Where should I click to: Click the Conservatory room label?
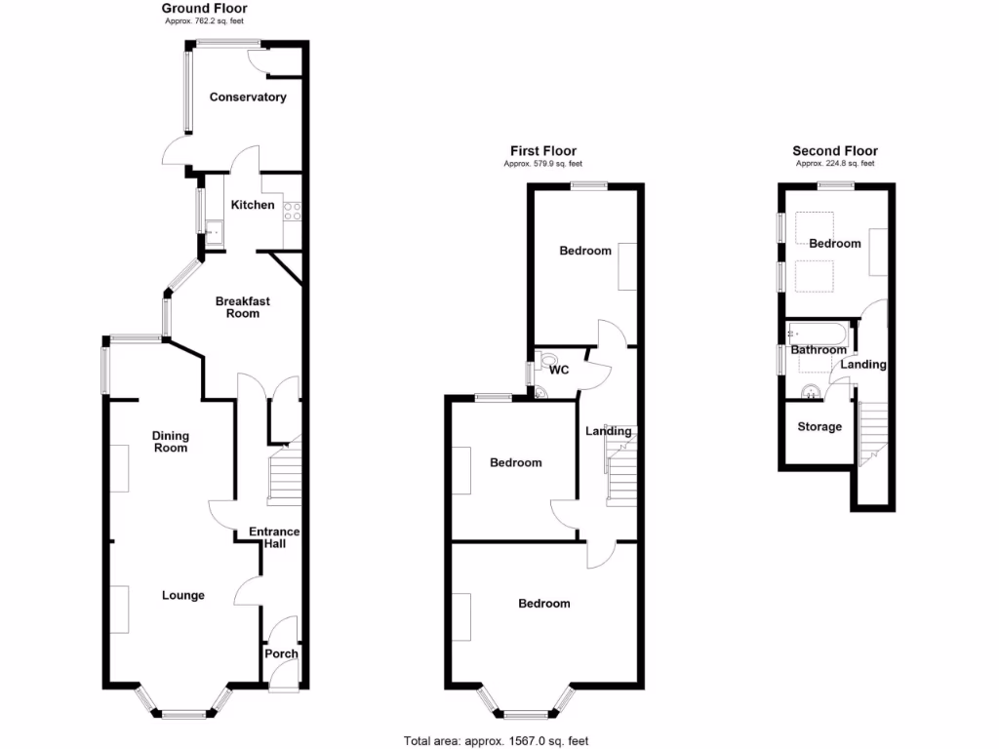[x=248, y=98]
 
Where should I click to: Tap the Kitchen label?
[x=252, y=205]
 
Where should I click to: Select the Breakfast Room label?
[x=242, y=307]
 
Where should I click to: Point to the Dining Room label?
[x=170, y=442]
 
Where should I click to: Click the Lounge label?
[x=182, y=595]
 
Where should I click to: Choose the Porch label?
[x=281, y=653]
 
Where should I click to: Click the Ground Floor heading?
[x=204, y=9]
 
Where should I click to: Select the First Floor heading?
[x=543, y=151]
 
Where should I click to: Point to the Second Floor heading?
[x=834, y=151]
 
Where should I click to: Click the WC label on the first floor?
[x=559, y=371]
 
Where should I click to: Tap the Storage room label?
[x=819, y=427]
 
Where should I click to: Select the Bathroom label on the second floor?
[x=819, y=350]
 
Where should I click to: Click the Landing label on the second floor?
[x=863, y=365]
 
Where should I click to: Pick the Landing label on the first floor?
[x=609, y=431]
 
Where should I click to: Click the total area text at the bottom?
[x=496, y=740]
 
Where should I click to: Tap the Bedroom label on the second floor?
[x=835, y=243]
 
